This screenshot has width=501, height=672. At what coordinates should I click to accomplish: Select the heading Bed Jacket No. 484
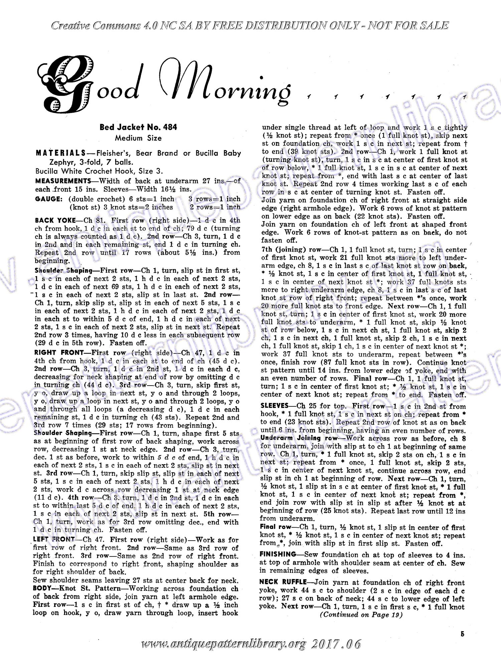tap(138, 127)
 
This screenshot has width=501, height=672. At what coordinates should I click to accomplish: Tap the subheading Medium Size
tap(138, 138)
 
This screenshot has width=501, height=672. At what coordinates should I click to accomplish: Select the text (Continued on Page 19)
tap(361, 615)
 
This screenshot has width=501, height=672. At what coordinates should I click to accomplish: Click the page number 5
tap(462, 634)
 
